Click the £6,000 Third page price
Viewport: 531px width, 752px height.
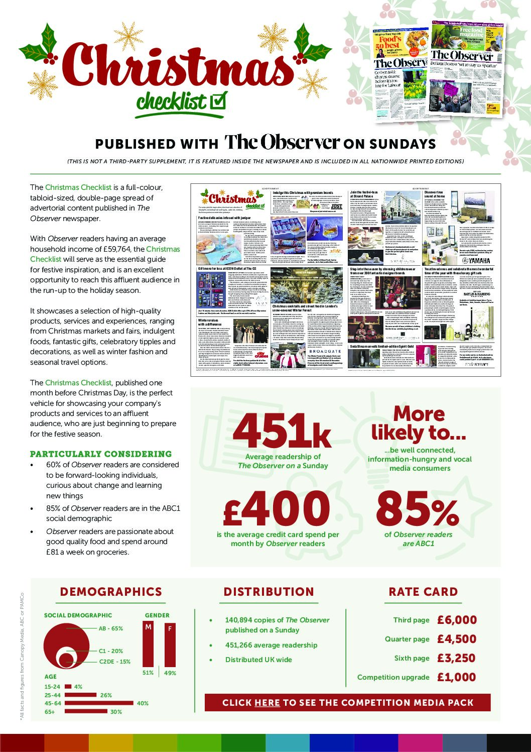[456, 620]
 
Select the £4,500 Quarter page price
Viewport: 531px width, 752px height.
[456, 639]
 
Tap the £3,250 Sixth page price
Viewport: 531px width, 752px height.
[456, 658]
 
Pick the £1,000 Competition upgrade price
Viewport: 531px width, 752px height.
[456, 677]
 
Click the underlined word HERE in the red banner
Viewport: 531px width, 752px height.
[267, 703]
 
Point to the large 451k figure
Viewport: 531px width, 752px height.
[282, 431]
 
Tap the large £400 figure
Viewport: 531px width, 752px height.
[277, 509]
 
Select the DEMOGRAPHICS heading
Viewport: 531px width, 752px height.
[111, 592]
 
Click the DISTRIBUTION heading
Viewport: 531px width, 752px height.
[269, 592]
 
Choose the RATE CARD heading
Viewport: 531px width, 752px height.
[423, 592]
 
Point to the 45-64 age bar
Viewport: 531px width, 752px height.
[99, 703]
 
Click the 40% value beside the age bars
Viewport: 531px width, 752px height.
[143, 703]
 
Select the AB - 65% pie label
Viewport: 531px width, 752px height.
[110, 628]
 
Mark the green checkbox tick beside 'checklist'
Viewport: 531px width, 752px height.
[217, 100]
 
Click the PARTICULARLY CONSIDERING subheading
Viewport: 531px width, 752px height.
[101, 454]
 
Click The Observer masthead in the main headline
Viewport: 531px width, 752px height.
[282, 143]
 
